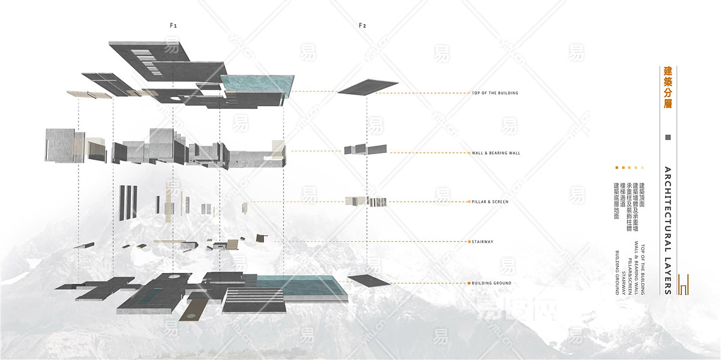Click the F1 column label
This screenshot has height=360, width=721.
coord(173,25)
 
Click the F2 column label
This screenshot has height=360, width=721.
coord(362,25)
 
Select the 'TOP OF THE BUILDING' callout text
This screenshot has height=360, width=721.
coord(495,93)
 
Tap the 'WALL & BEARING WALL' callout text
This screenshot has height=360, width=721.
coord(496,153)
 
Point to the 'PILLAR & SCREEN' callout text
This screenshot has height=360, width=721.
coord(490,202)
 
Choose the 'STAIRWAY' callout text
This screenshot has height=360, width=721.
coord(482,242)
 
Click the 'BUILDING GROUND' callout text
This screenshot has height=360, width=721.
coord(491,283)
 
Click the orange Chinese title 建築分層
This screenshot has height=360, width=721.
coord(668,88)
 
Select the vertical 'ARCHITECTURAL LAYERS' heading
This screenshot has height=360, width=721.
coord(668,230)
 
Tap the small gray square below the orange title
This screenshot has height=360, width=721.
coord(668,137)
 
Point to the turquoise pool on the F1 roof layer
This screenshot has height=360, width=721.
coord(257,84)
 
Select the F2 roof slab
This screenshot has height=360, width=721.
coord(367,86)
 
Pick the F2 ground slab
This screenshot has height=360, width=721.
coord(369,280)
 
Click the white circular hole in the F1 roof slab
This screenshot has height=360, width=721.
coord(173,98)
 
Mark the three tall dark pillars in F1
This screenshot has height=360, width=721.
coord(128,202)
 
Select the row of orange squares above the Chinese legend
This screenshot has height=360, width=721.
coord(629,168)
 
